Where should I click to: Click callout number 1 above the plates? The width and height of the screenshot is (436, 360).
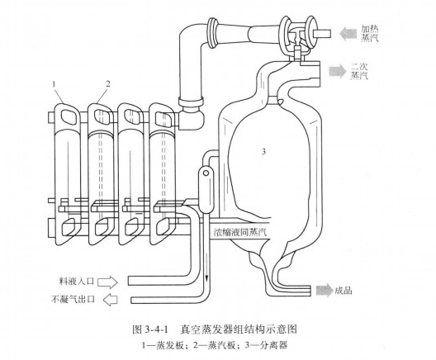tap(54, 83)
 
